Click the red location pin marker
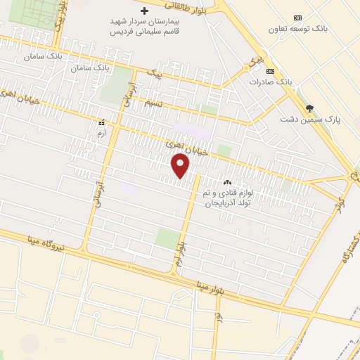[181, 166]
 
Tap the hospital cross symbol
[145, 11]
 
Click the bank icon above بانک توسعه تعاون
[297, 18]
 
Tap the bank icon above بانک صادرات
[270, 71]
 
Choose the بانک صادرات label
[270, 82]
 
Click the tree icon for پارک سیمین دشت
[309, 108]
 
